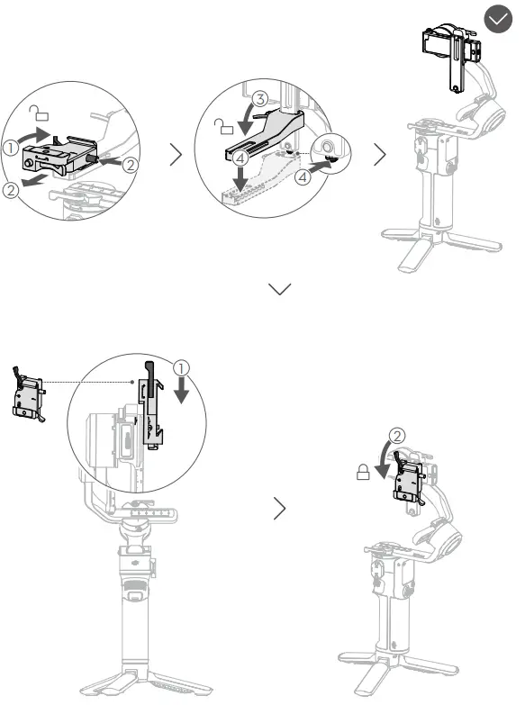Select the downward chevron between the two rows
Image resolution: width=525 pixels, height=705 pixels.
click(280, 288)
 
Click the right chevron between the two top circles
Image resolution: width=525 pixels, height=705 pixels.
click(178, 155)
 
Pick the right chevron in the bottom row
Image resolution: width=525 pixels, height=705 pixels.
click(280, 511)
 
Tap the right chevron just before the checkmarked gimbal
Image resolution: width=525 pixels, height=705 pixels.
click(380, 155)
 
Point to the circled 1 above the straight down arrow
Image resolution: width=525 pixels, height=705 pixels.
click(183, 367)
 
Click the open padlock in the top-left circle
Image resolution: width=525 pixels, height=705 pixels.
click(37, 112)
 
